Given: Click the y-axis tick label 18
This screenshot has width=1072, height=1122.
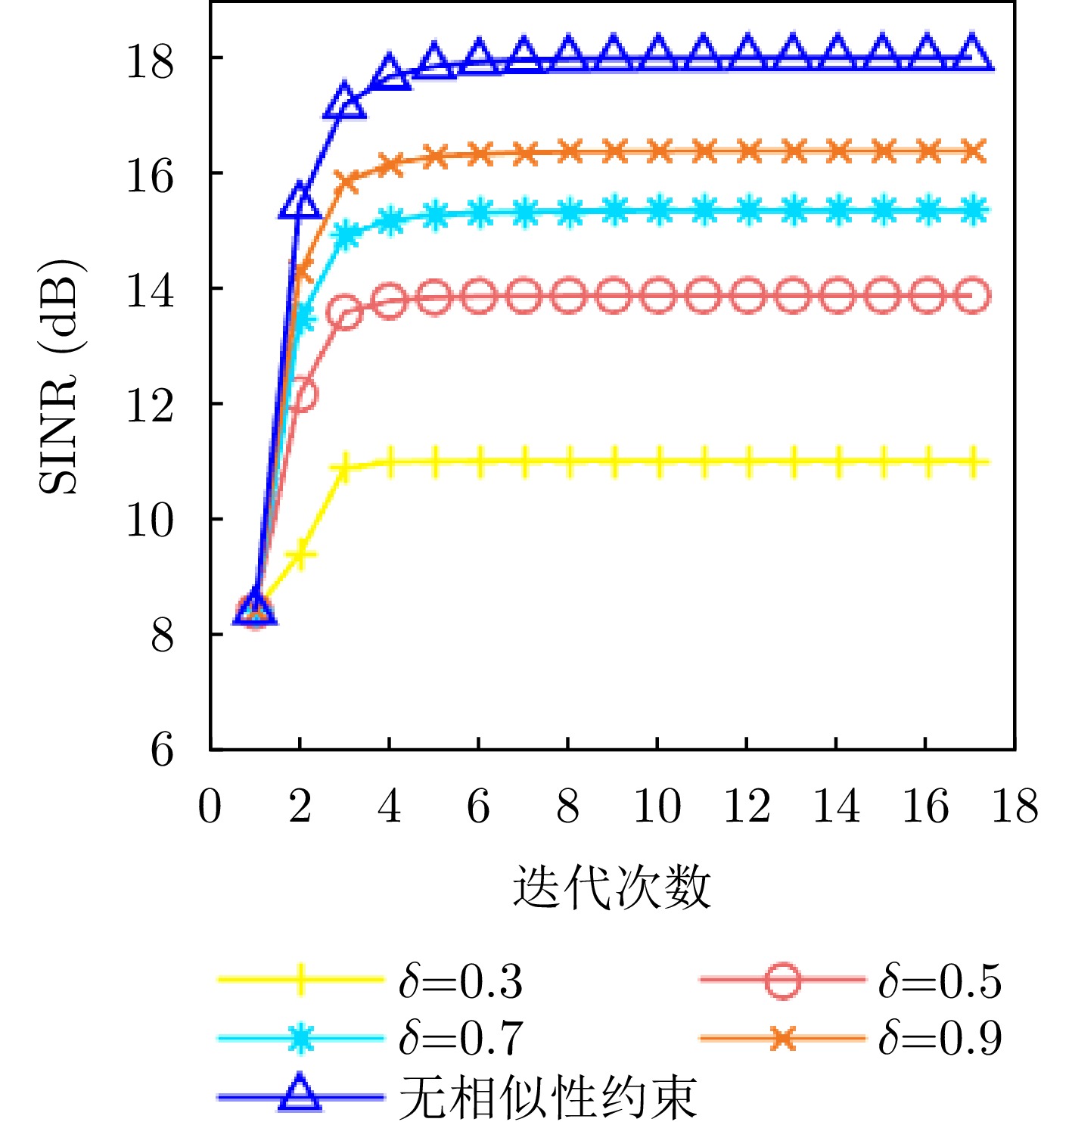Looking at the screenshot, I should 150,61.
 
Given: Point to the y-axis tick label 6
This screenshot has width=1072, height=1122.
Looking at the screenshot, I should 162,751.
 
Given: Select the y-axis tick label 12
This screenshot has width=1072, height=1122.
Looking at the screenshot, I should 150,406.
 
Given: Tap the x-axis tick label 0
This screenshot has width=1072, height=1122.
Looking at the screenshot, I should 210,807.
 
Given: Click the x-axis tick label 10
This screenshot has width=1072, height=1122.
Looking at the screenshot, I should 657,807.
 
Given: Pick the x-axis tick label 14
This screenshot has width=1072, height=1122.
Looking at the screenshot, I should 836,807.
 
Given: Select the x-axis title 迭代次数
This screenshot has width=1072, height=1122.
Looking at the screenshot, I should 611,886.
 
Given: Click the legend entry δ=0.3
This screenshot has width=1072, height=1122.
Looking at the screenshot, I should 461,981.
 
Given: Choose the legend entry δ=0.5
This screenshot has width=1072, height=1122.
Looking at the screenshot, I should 940,981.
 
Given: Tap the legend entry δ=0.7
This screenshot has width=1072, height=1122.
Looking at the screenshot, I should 461,1037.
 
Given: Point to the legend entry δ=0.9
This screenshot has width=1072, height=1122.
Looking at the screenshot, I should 940,1037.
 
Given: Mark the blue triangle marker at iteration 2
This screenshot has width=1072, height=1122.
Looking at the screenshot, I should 300,202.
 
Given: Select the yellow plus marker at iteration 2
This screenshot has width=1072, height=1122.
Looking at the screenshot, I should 301,555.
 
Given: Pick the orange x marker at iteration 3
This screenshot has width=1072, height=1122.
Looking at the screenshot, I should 346,182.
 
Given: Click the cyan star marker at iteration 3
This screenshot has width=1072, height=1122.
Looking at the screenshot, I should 346,235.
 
